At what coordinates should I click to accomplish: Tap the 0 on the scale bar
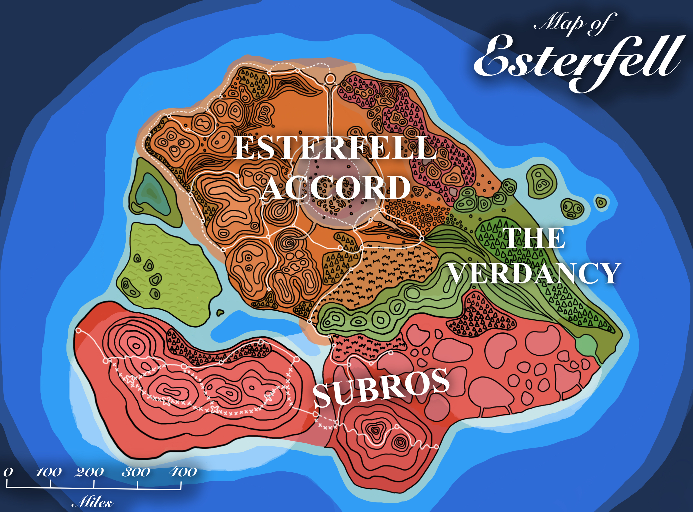8,472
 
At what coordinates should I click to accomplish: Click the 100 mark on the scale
49,472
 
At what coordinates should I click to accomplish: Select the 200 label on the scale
89,472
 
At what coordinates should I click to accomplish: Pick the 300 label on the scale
136,472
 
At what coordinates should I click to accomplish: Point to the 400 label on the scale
183,472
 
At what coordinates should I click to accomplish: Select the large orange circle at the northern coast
330,79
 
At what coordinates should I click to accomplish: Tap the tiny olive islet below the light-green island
220,312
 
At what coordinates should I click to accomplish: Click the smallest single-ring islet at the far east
601,203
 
